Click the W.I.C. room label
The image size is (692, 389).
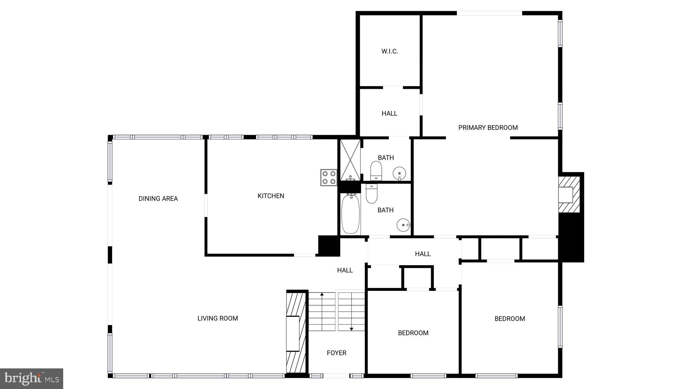390,51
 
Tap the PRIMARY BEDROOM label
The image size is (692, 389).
488,128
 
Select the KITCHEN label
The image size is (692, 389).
271,196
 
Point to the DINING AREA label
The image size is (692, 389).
158,199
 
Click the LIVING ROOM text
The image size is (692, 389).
218,318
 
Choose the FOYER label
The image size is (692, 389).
337,353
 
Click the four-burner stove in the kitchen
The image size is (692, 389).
328,177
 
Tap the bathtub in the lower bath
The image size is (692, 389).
350,214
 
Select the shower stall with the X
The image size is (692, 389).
350,159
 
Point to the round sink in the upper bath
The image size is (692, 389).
399,174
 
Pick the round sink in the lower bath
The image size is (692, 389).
403,225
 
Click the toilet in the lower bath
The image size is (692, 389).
371,194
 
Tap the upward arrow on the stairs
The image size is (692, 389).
322,295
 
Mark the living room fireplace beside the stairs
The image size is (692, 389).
293,333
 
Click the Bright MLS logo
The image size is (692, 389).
31,379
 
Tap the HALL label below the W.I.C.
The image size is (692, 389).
389,113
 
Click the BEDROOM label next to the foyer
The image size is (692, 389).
413,333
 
